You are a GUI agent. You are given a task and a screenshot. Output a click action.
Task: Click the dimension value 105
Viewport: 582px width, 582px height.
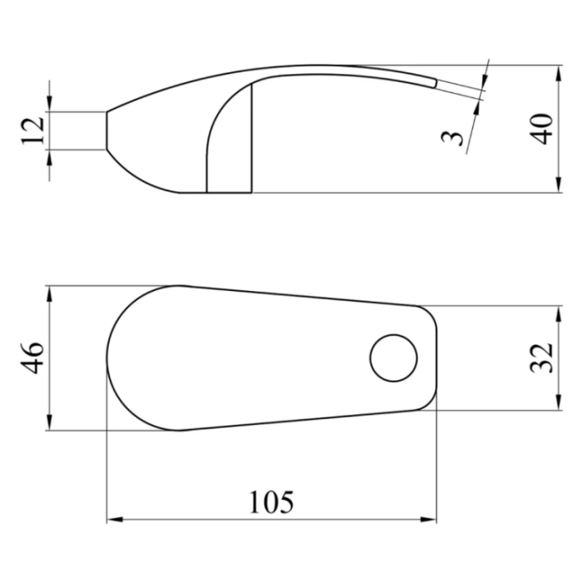[x=271, y=502]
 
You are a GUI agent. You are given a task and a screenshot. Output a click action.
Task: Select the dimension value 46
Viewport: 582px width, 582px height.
[x=32, y=358]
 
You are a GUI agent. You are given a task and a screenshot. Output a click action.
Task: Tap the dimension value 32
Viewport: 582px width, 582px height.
[x=541, y=358]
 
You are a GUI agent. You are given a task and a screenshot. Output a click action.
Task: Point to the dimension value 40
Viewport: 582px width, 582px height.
[x=541, y=129]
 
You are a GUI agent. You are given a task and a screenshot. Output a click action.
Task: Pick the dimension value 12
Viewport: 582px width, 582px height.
[x=32, y=131]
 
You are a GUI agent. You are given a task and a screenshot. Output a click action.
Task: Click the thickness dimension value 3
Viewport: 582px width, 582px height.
[x=452, y=138]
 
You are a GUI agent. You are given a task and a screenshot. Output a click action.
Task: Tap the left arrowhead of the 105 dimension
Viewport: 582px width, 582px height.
[x=115, y=520]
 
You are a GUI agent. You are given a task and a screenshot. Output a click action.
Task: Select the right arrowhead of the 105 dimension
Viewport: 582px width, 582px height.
[x=428, y=520]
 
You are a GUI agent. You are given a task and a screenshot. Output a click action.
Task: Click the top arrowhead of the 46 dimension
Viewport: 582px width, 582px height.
[x=50, y=293]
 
